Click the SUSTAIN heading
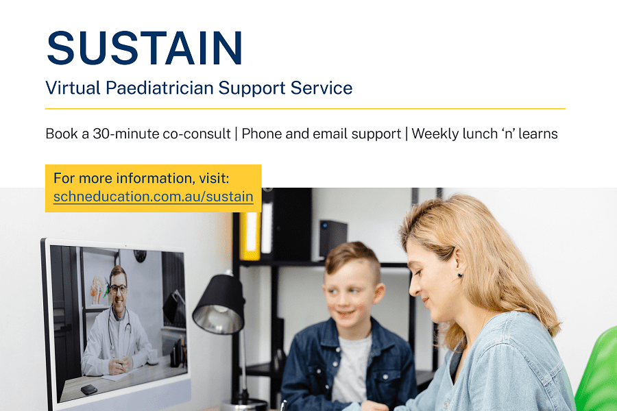[x=145, y=48]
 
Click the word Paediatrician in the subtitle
[x=159, y=88]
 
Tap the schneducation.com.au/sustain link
[x=154, y=197]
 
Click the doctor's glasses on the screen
[x=119, y=289]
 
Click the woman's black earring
[x=460, y=275]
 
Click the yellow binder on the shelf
[x=250, y=235]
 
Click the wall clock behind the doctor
[x=140, y=256]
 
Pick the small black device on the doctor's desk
[x=89, y=390]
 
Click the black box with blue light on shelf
[x=333, y=238]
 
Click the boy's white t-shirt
[x=350, y=369]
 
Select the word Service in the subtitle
[x=322, y=88]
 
